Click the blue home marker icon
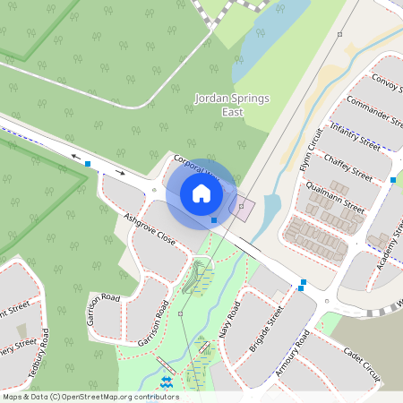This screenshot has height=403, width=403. click(x=201, y=193)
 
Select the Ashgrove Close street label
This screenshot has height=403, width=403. click(x=150, y=230)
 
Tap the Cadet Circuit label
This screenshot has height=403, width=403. click(x=362, y=367)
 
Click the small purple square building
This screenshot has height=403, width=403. click(x=242, y=208)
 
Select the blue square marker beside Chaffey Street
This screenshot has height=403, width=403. click(x=393, y=181)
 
